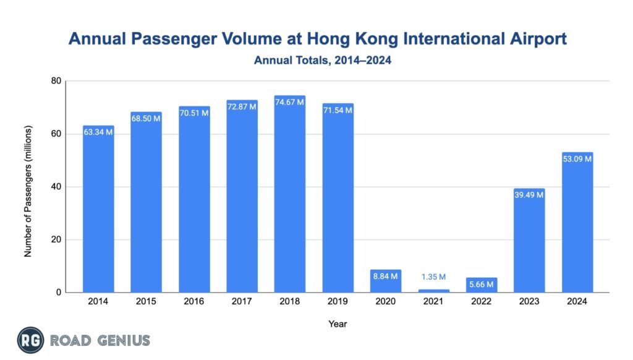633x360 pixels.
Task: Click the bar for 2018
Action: pyautogui.click(x=290, y=198)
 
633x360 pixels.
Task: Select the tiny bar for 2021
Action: pyautogui.click(x=434, y=290)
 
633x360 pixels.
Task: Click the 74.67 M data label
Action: pyautogui.click(x=290, y=102)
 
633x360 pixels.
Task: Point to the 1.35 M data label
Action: pyautogui.click(x=434, y=277)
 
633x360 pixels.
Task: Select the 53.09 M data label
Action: pyautogui.click(x=577, y=159)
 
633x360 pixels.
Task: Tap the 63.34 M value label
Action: pyautogui.click(x=98, y=132)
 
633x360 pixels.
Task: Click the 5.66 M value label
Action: pyautogui.click(x=482, y=285)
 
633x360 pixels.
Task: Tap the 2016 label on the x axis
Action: pyautogui.click(x=194, y=301)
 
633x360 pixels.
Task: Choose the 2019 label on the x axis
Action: pyautogui.click(x=338, y=301)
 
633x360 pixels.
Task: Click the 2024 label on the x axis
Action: pyautogui.click(x=577, y=301)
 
